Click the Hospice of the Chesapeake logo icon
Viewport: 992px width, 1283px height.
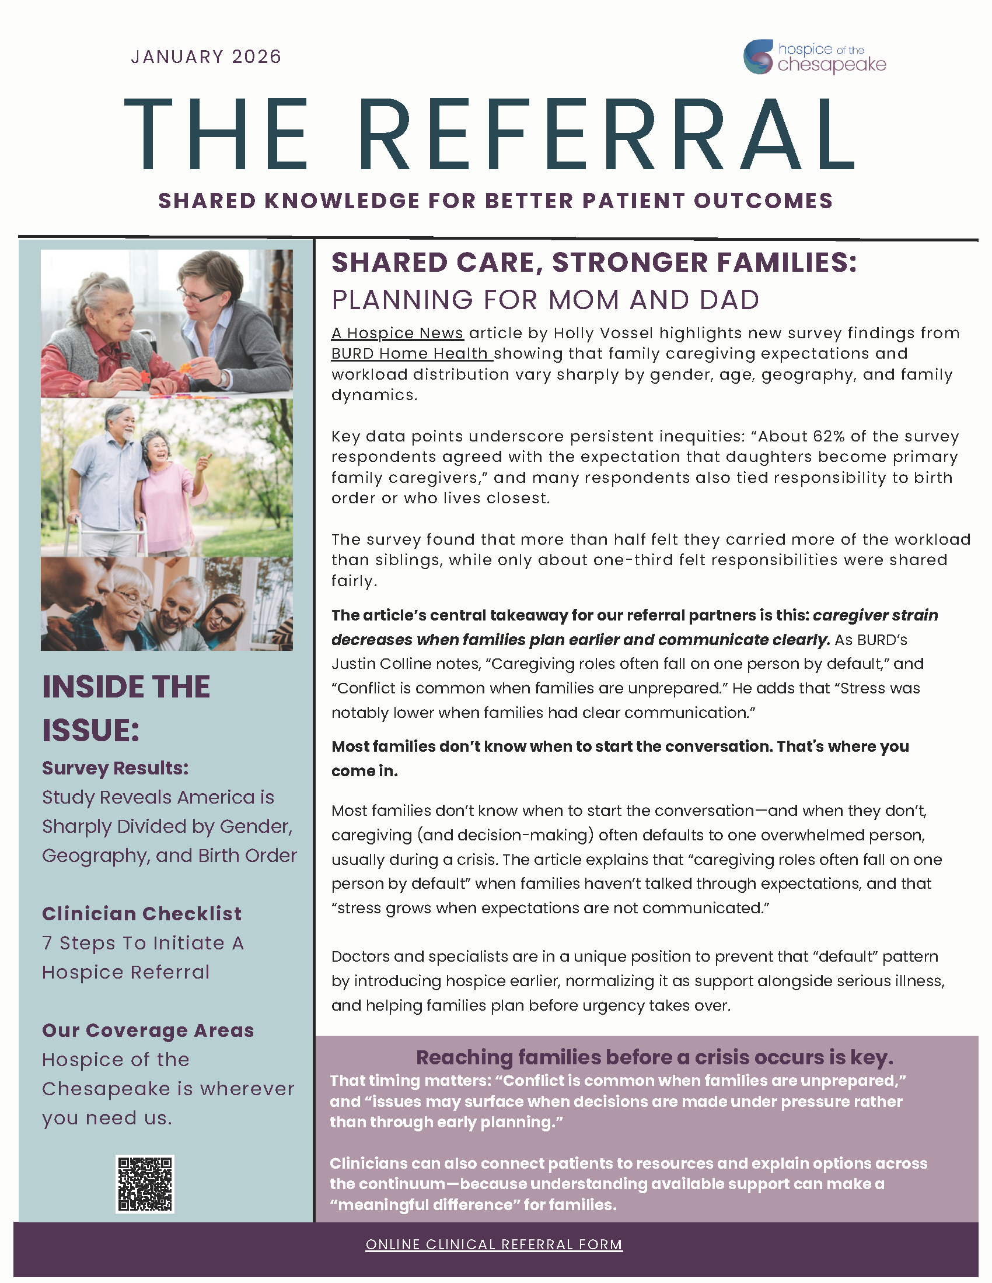[x=758, y=57]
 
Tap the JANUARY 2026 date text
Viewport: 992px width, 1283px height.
[x=206, y=57]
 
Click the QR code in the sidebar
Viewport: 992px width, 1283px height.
[x=145, y=1184]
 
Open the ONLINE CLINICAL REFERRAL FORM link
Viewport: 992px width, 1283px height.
[x=494, y=1245]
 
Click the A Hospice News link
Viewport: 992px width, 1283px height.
[x=397, y=333]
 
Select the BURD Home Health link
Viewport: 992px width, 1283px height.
[x=410, y=353]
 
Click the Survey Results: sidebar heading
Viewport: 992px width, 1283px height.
[x=115, y=768]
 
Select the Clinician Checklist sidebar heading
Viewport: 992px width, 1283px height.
[x=142, y=913]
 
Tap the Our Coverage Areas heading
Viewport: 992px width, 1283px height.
[x=148, y=1030]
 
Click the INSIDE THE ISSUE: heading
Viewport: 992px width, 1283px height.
[x=126, y=708]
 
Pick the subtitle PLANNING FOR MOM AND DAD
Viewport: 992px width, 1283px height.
[x=546, y=300]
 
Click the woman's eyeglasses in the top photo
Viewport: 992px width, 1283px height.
[x=200, y=296]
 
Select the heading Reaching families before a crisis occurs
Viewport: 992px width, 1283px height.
[x=654, y=1057]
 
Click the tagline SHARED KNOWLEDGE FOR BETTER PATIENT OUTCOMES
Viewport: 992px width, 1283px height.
[x=495, y=201]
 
